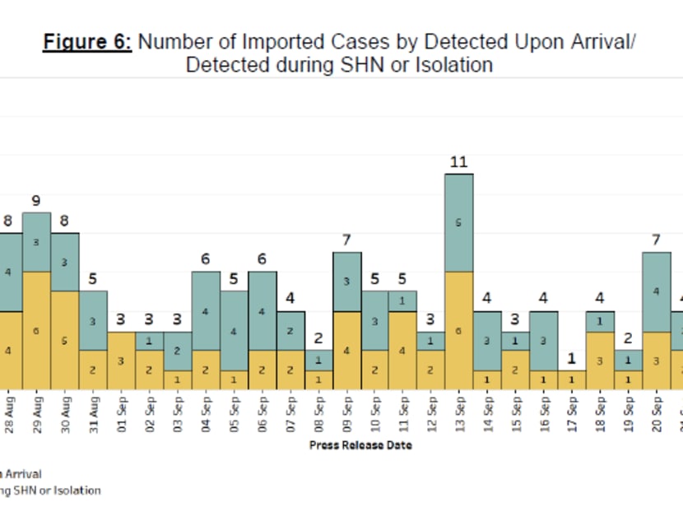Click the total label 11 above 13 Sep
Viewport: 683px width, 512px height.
click(458, 162)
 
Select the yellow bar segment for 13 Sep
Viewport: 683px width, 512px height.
click(458, 330)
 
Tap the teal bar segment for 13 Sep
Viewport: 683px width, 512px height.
click(458, 222)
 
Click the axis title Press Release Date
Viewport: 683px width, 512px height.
click(360, 445)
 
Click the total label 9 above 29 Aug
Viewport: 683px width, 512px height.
click(37, 201)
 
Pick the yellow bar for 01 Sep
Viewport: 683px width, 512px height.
click(121, 361)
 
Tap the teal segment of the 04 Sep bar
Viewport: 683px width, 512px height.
click(206, 310)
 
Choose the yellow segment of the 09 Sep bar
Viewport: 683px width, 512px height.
click(346, 350)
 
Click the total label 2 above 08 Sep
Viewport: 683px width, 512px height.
click(318, 338)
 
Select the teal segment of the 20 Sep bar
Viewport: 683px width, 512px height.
click(655, 291)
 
